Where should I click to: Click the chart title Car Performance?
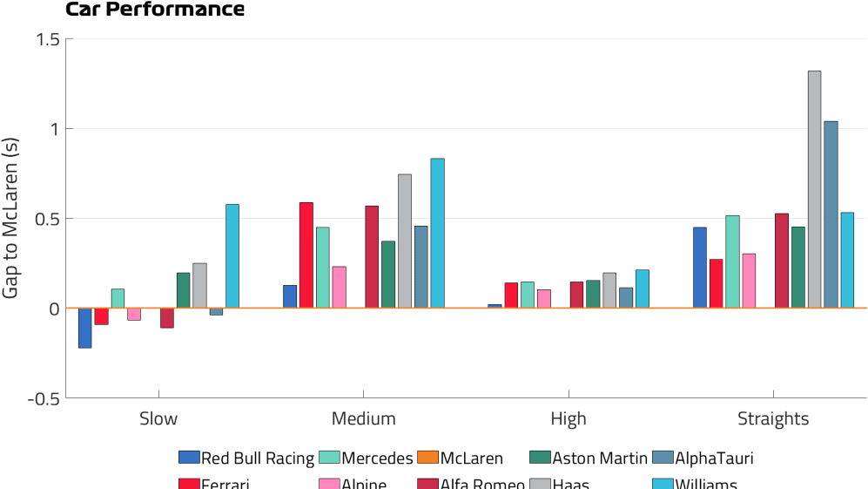click(155, 10)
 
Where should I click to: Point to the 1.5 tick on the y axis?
click(48, 39)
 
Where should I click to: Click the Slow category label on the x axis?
click(158, 419)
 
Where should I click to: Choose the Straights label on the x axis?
click(773, 419)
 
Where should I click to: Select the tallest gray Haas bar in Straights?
click(814, 189)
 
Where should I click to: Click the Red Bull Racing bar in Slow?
click(85, 328)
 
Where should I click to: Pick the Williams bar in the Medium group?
click(437, 233)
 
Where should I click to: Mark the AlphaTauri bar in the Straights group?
click(831, 214)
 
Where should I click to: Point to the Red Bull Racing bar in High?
click(495, 306)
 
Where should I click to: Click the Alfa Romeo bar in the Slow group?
click(167, 317)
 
